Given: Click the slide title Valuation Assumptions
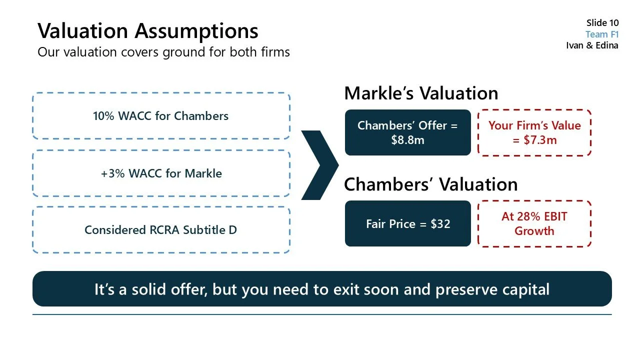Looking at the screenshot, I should coord(148,31).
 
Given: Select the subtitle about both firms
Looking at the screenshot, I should coord(163,52).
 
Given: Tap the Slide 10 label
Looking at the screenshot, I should coord(602,23).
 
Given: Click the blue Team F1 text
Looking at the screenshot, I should coord(602,34).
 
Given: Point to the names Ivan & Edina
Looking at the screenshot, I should coord(592,45).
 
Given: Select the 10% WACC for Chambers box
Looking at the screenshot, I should coord(160,116).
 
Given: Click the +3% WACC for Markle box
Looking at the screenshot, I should coord(160,173).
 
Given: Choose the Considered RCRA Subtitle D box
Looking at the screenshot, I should coord(160,230).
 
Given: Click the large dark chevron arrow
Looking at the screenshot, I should coord(319,165).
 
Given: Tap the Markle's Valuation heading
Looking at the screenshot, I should coord(421,93).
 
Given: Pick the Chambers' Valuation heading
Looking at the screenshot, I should coord(430,184).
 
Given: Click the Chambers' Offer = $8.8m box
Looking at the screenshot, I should coord(407,132).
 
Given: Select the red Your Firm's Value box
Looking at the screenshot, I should coord(534,132).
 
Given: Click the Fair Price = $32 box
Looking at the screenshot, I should coord(407,223).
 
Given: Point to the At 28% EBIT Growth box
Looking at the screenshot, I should coord(534,223).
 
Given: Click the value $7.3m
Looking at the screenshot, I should coord(540,140).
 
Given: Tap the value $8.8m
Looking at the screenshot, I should coord(407,140).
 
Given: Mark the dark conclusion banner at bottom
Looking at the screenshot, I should coord(322,289).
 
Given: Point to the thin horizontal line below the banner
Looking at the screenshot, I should coord(322,314).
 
